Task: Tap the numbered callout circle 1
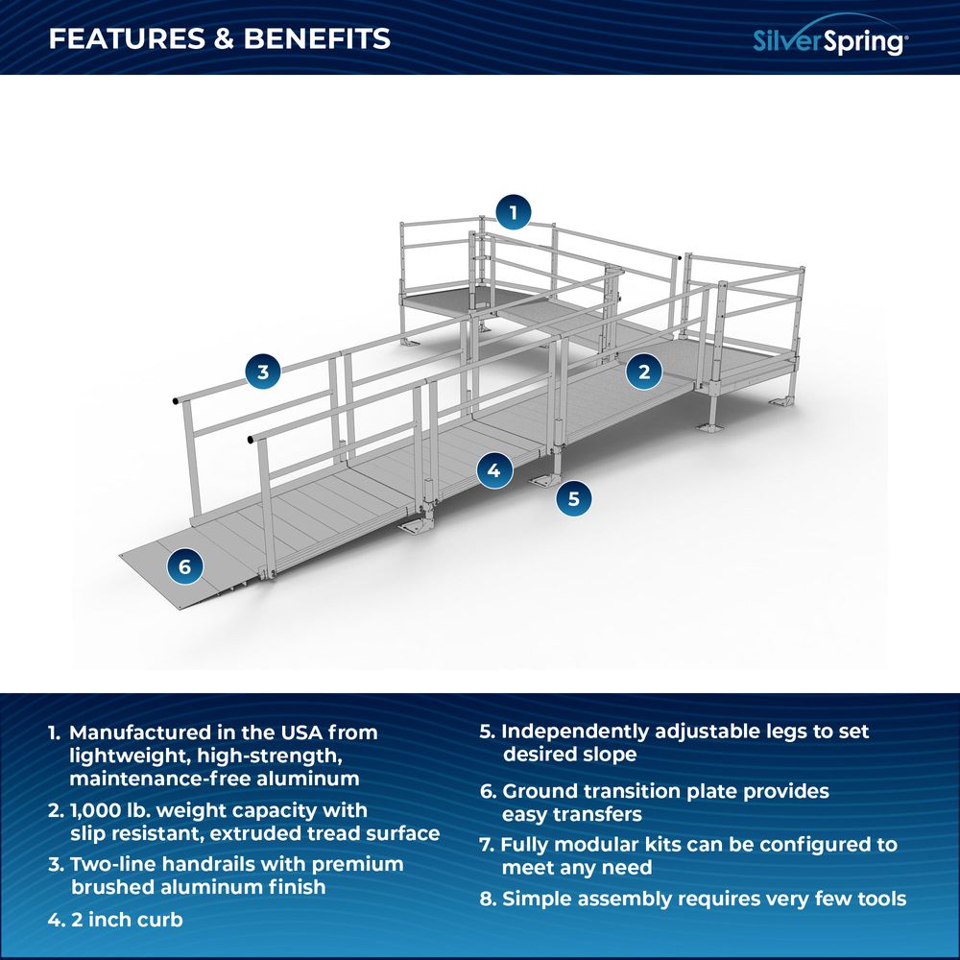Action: pos(514,212)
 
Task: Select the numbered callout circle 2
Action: pos(644,372)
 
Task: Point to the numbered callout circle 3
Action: pos(263,371)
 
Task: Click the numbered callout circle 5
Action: pos(574,497)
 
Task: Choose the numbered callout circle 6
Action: pos(185,566)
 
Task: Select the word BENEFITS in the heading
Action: pos(317,38)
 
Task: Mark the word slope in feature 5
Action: pos(609,755)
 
